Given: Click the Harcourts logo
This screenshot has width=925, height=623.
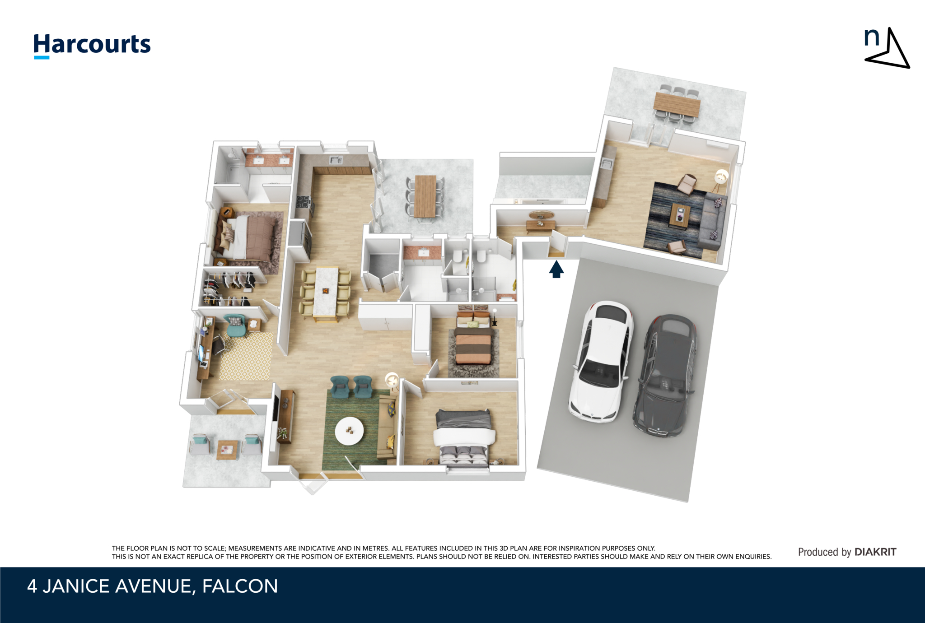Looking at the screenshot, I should (92, 45).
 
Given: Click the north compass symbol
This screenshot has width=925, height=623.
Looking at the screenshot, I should (887, 49).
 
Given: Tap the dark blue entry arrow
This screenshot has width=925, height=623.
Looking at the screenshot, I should (556, 270).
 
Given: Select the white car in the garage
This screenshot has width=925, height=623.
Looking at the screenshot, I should (601, 361).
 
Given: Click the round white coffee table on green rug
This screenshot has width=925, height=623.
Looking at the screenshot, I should (349, 431).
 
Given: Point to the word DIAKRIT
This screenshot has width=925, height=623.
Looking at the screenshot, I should (875, 552).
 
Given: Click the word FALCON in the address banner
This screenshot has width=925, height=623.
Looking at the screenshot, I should (240, 586).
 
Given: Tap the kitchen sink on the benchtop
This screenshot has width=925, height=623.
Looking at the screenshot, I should (335, 160).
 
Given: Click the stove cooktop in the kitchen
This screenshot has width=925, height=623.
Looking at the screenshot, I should (303, 201).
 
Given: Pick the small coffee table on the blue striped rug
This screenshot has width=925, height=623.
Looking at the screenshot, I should (679, 215).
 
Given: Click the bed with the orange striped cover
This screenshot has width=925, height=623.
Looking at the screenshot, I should (473, 345).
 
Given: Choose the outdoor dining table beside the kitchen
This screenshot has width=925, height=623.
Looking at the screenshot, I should (425, 196).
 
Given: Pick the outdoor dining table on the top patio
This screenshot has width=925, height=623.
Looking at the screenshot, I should (677, 103).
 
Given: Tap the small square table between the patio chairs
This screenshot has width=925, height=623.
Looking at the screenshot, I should (227, 449).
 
